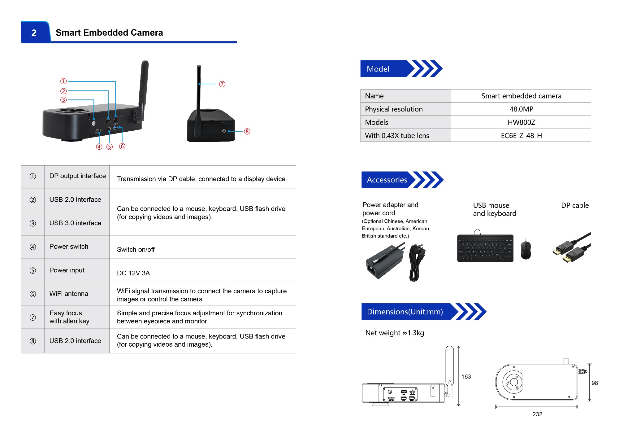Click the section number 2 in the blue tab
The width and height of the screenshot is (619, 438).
click(x=34, y=33)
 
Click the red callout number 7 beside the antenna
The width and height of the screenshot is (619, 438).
click(x=222, y=84)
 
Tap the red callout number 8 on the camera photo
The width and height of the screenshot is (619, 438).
click(x=247, y=131)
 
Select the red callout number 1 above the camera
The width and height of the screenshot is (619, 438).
click(x=63, y=81)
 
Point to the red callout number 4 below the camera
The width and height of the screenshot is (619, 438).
click(x=99, y=147)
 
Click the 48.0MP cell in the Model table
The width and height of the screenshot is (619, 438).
click(x=521, y=109)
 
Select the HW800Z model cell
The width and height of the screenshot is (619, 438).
click(x=521, y=122)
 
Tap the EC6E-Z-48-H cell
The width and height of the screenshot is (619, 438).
click(x=521, y=136)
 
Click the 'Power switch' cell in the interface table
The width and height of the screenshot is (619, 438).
click(x=69, y=247)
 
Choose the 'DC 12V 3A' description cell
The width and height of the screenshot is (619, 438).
click(x=133, y=273)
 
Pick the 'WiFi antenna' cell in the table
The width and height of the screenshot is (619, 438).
click(x=69, y=294)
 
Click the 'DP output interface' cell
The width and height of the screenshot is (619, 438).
click(x=77, y=176)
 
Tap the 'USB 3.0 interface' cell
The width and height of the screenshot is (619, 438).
click(x=75, y=223)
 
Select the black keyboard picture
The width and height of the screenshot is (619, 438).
click(x=485, y=248)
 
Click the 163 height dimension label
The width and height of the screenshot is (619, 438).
click(x=466, y=377)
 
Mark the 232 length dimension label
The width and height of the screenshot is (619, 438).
click(x=537, y=414)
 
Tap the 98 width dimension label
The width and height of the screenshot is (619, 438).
click(x=595, y=383)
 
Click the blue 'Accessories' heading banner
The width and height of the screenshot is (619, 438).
click(x=387, y=180)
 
